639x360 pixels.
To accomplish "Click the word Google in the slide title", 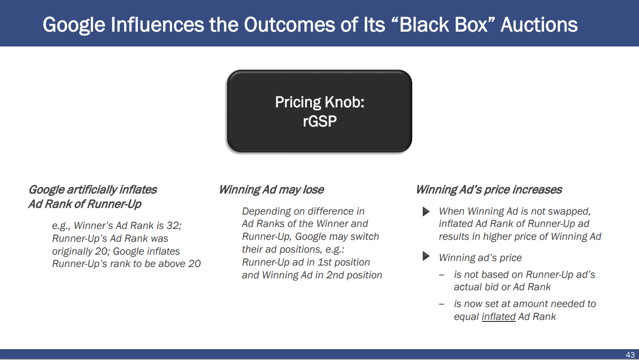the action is [x=74, y=25].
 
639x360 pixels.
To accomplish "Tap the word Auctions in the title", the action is [x=539, y=25].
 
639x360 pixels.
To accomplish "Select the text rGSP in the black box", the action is [x=319, y=121].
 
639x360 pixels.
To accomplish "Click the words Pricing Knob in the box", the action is [x=319, y=102].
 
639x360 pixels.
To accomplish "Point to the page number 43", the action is [x=630, y=355].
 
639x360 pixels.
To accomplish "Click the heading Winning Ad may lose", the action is [x=271, y=190].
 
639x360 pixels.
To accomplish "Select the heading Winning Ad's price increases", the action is [x=489, y=190].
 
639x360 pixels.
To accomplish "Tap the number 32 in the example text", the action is [x=173, y=225].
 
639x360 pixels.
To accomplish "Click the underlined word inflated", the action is [x=499, y=316].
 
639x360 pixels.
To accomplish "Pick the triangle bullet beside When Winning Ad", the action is [x=426, y=212].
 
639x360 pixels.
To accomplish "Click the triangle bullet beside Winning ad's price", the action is [x=426, y=256].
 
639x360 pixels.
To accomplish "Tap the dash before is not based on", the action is [x=442, y=275].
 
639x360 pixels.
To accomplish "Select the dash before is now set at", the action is [x=442, y=304].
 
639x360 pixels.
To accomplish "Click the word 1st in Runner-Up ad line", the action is [x=325, y=262].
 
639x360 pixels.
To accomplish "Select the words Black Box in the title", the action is [x=443, y=25].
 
